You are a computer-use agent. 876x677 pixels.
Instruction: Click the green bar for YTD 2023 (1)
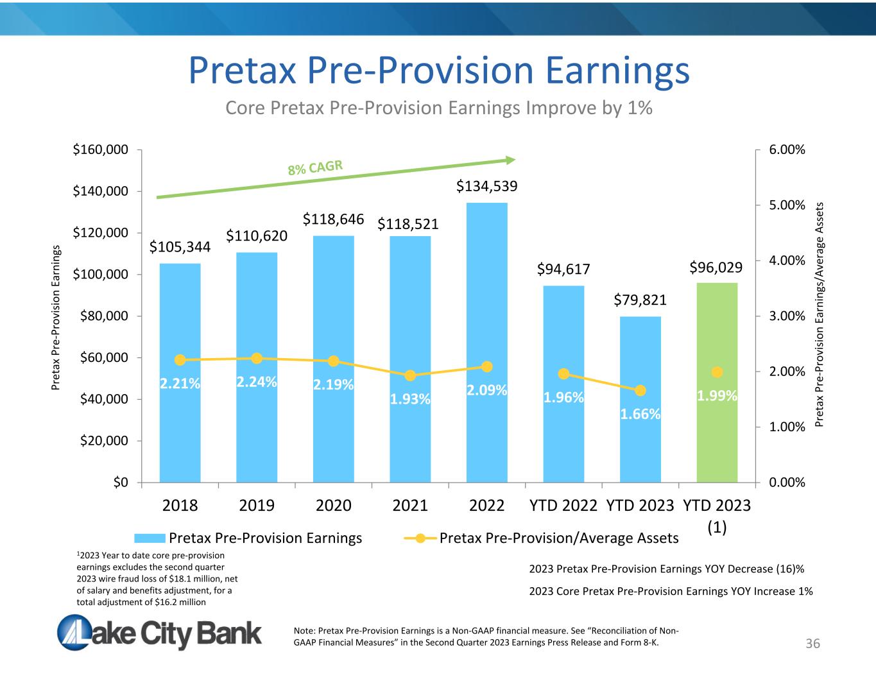(717, 382)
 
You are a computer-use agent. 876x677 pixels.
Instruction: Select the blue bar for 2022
(487, 343)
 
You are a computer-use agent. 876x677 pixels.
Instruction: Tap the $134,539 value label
(486, 186)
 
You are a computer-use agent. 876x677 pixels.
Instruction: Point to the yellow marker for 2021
(410, 375)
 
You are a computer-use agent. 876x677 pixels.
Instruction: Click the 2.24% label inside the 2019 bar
(257, 382)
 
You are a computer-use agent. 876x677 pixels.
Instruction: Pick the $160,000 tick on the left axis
(100, 150)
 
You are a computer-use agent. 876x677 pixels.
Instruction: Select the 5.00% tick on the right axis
(787, 205)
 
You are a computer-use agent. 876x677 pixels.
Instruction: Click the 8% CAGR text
(315, 167)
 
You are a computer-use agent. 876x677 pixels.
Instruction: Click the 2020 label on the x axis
(333, 505)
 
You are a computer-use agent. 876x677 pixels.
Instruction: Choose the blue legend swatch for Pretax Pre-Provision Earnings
(150, 538)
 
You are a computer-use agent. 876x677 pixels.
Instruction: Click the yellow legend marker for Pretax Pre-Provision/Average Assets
(420, 538)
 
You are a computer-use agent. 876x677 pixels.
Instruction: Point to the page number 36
(812, 644)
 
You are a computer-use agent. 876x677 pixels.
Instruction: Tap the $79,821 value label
(640, 300)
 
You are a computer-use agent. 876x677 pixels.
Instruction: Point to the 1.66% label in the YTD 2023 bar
(640, 414)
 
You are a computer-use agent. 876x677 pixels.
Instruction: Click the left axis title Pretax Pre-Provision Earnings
(56, 318)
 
